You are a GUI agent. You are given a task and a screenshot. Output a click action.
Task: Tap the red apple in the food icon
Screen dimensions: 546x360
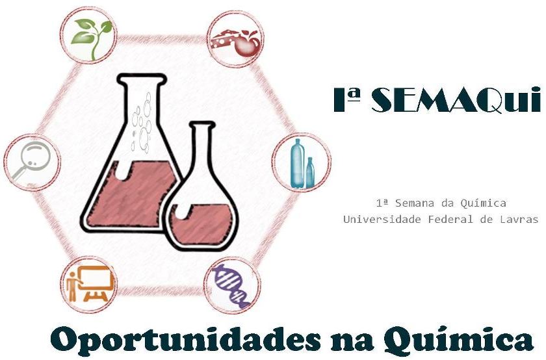(x=247, y=44)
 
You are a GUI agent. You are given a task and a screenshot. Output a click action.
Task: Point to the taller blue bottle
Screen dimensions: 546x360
(x=298, y=163)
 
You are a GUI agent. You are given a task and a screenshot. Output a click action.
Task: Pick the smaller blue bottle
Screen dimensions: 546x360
(x=310, y=173)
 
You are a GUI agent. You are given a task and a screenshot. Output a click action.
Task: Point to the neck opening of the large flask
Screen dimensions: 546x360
(x=140, y=80)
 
